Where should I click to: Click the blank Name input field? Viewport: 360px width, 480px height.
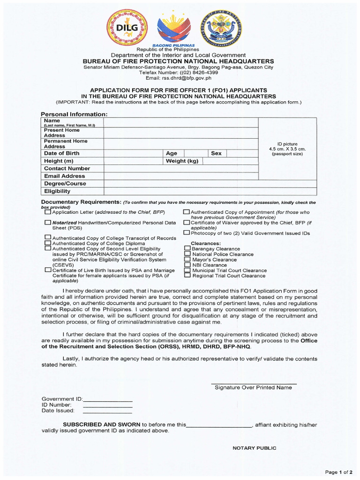[x=181, y=122]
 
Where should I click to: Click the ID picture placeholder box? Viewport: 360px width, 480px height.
[x=287, y=149]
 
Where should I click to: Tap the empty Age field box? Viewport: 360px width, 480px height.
[x=196, y=153]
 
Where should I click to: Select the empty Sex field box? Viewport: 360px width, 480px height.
[x=242, y=153]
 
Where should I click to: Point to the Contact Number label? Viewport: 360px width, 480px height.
[x=67, y=168]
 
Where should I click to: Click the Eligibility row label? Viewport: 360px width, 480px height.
[x=57, y=191]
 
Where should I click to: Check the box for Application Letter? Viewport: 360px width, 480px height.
[x=48, y=212]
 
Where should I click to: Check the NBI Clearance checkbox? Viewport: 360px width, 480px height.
[x=187, y=265]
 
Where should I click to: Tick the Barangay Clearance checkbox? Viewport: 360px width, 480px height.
[x=187, y=249]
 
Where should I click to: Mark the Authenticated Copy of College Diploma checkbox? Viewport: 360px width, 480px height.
[x=48, y=243]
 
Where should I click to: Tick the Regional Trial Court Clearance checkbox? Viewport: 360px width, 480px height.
[x=187, y=276]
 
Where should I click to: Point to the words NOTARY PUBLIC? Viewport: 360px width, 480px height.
[x=255, y=448]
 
